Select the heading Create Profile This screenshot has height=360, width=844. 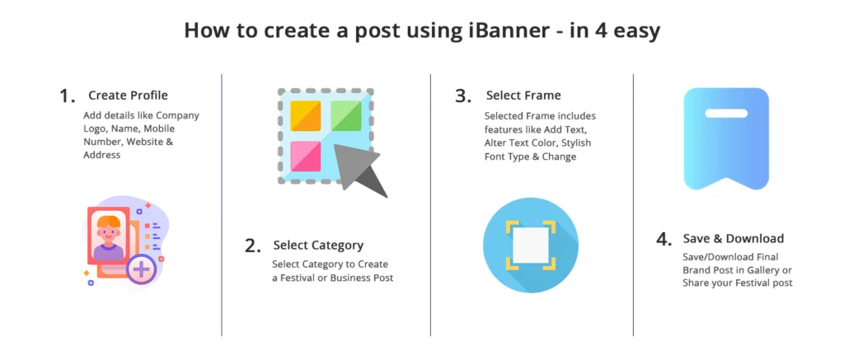pyautogui.click(x=128, y=96)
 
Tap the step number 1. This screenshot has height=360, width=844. pyautogui.click(x=68, y=96)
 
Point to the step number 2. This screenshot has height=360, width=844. pyautogui.click(x=253, y=245)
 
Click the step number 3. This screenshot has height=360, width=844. pyautogui.click(x=463, y=96)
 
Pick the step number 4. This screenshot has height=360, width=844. pyautogui.click(x=664, y=239)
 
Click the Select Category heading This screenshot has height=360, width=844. pyautogui.click(x=318, y=245)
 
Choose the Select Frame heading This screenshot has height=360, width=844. pyautogui.click(x=523, y=96)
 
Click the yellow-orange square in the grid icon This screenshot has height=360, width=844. pyautogui.click(x=306, y=115)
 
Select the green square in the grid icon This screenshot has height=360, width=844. pyautogui.click(x=345, y=115)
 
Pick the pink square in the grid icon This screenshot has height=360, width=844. pyautogui.click(x=306, y=156)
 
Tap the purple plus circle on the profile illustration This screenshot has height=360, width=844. pyautogui.click(x=141, y=269)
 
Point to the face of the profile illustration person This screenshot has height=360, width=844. pyautogui.click(x=109, y=233)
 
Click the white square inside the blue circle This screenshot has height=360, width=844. pyautogui.click(x=530, y=245)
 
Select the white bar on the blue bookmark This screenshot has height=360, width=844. pyautogui.click(x=726, y=114)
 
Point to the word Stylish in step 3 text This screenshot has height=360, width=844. pyautogui.click(x=574, y=143)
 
